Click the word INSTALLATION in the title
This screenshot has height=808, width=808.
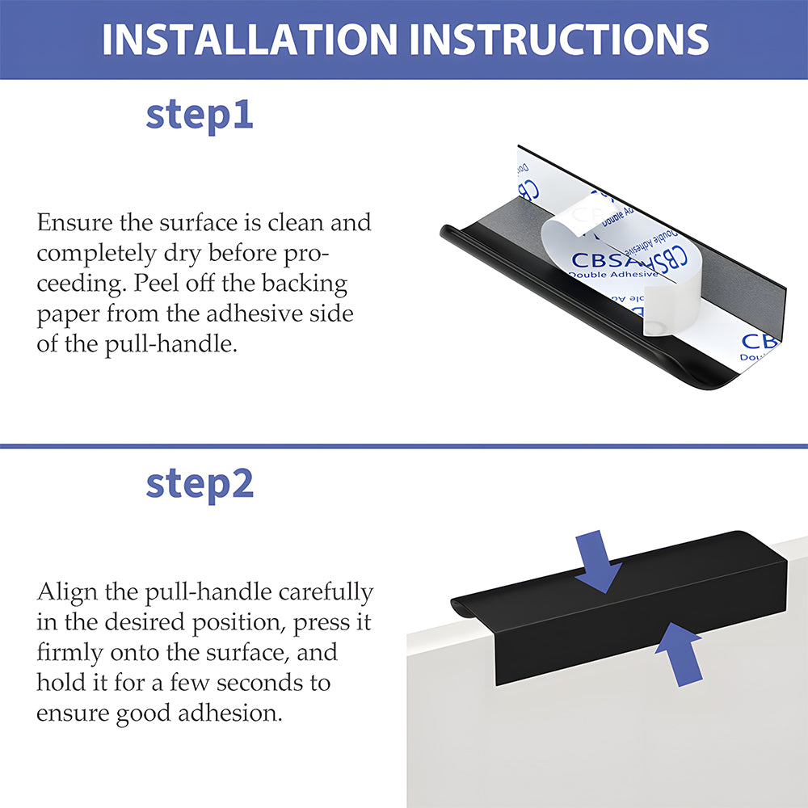(250, 39)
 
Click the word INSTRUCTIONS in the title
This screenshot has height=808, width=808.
(559, 39)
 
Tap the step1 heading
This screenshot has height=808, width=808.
(200, 116)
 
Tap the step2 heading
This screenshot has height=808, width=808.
(200, 484)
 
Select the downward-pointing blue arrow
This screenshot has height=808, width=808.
(597, 562)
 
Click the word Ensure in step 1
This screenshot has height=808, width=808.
(74, 223)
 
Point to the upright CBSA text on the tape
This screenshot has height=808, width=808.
(600, 260)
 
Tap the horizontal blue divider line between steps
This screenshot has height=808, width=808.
(404, 446)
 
